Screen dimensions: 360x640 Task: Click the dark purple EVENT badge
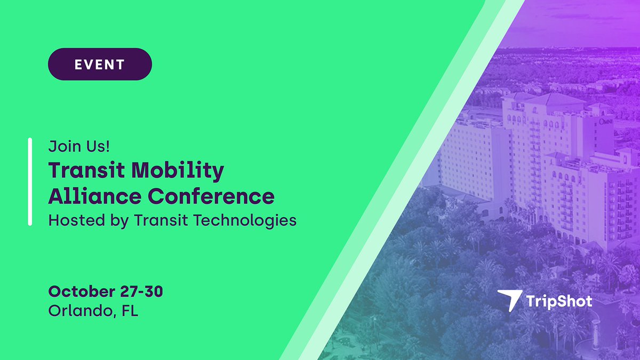[100, 65]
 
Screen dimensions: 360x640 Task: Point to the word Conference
[211, 196]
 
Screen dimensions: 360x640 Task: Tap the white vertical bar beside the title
[30, 182]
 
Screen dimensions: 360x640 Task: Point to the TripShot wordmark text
[559, 301]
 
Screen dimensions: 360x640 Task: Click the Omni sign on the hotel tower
[606, 122]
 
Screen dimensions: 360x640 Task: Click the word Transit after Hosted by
[165, 220]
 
